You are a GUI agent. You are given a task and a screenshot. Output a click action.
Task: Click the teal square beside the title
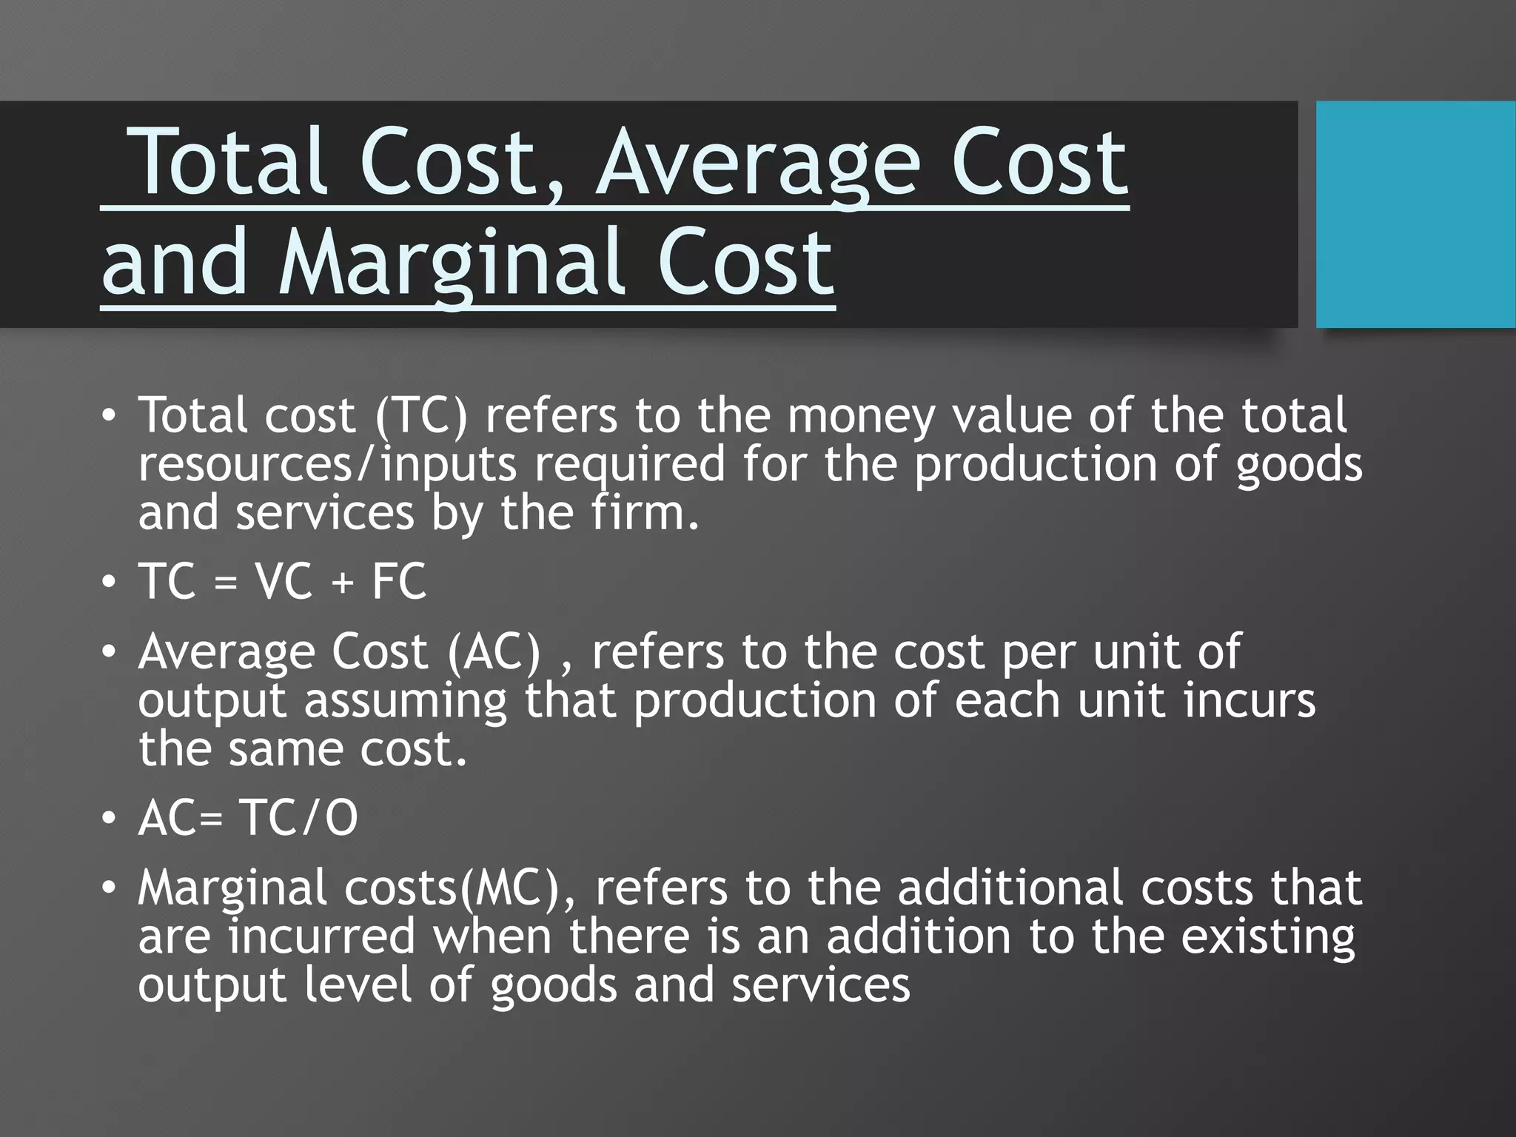coord(1415,214)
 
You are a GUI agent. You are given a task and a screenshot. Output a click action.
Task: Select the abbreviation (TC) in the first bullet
coord(421,415)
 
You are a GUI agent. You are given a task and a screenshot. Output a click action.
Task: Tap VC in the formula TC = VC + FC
coord(284,581)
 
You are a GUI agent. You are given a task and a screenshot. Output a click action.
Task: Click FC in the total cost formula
coord(399,581)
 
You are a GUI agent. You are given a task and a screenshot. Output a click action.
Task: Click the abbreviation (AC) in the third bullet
coord(494,652)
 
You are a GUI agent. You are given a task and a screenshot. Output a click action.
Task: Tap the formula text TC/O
coord(298,818)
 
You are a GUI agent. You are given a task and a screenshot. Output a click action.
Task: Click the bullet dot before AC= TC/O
coord(109,819)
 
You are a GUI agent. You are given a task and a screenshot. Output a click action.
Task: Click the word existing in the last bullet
coord(1267,937)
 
